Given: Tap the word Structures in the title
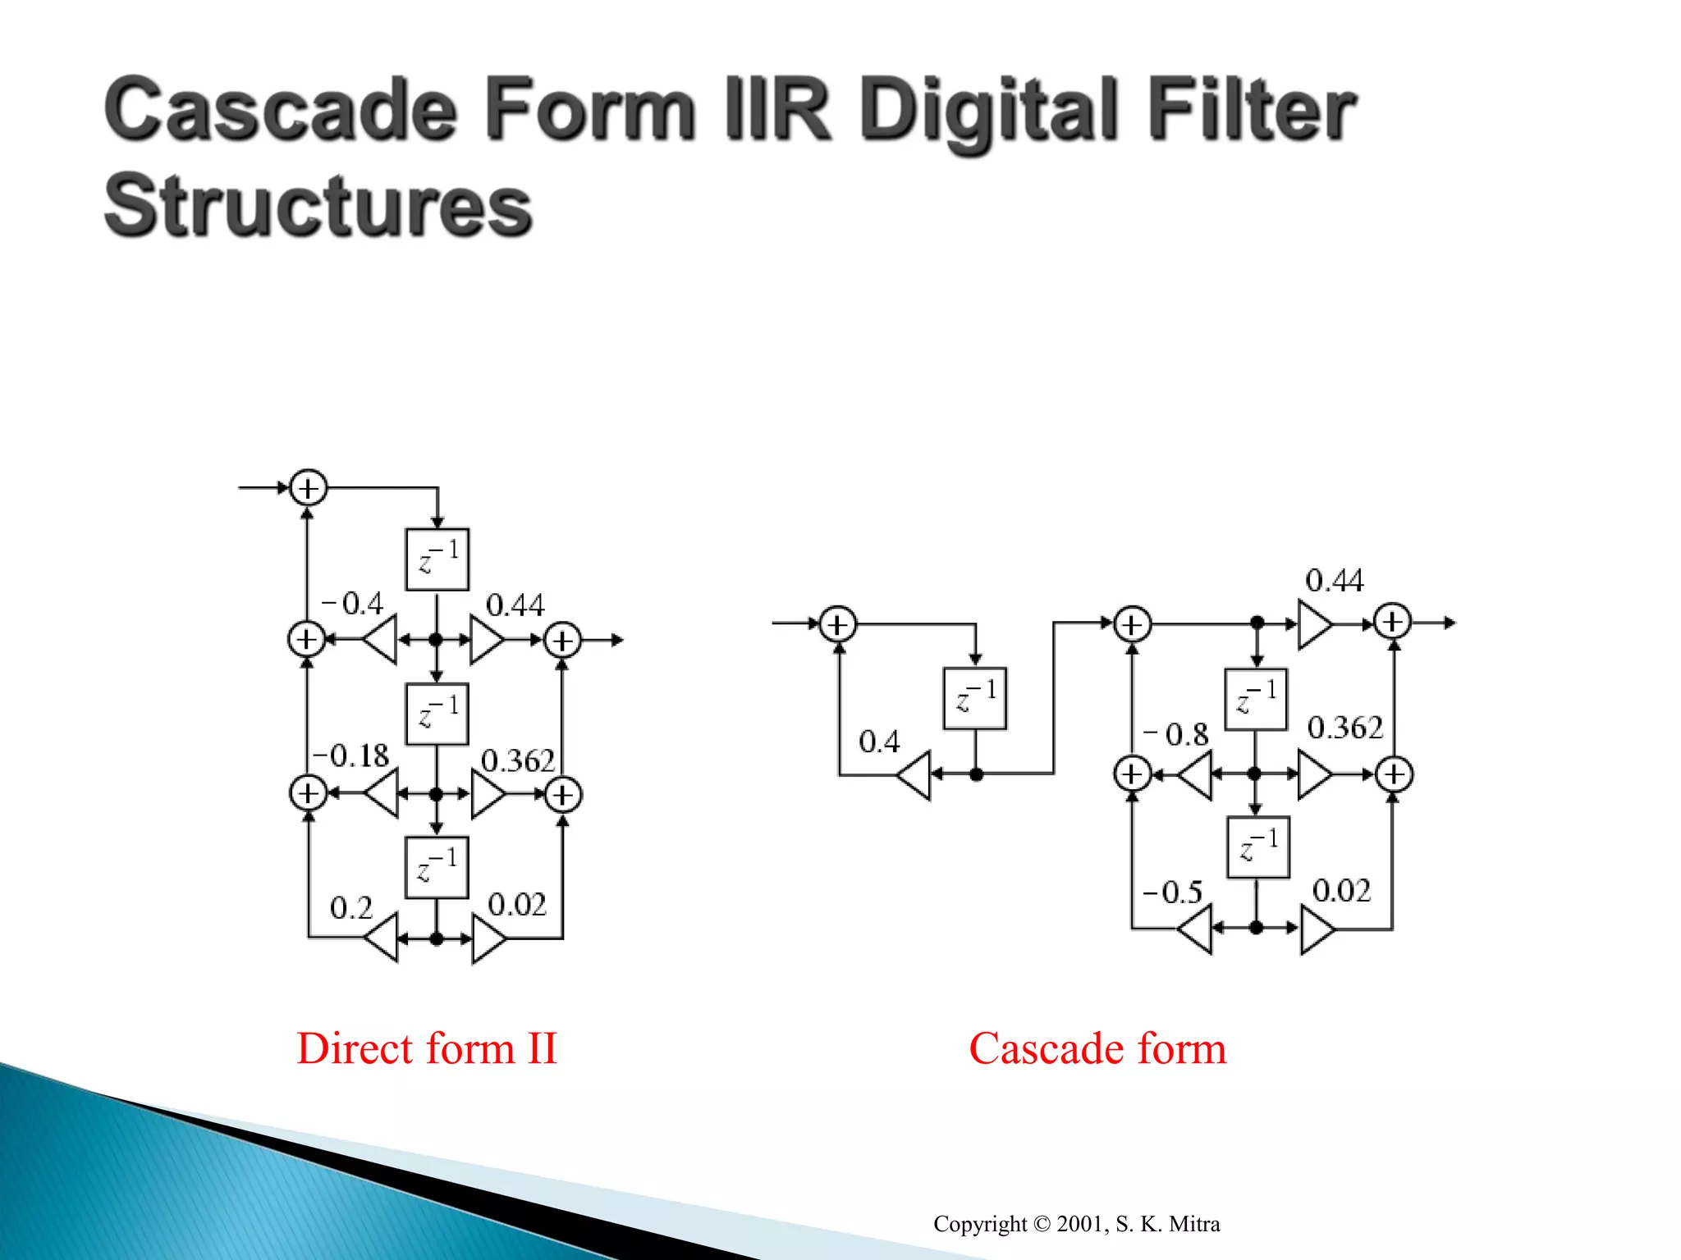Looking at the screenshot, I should click(x=318, y=205).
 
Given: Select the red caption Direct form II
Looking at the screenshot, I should click(x=427, y=1048).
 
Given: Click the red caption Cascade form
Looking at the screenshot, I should click(x=1097, y=1048).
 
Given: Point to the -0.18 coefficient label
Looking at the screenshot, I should click(x=351, y=756).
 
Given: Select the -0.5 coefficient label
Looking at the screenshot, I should click(x=1173, y=892).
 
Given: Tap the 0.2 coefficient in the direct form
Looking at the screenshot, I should click(x=351, y=907).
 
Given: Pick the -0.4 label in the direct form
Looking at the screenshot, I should click(x=352, y=604).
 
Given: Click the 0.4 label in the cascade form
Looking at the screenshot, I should click(x=879, y=742).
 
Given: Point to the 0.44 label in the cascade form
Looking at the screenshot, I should click(x=1334, y=581).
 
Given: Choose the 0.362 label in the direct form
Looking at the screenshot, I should click(x=517, y=761).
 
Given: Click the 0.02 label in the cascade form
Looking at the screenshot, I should click(x=1341, y=891).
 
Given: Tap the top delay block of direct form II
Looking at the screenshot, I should click(x=437, y=559).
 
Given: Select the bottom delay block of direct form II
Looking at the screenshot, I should click(x=437, y=867).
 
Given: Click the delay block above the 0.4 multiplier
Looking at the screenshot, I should click(x=975, y=699).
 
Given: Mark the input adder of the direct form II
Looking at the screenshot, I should click(x=308, y=488).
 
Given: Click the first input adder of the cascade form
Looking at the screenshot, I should click(x=837, y=624).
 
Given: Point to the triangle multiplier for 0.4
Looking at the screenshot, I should click(x=914, y=774).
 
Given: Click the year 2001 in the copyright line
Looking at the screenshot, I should click(x=1079, y=1224).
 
